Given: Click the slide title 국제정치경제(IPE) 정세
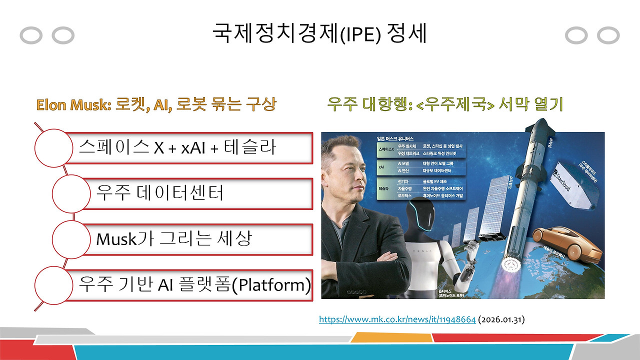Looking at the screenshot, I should pyautogui.click(x=319, y=34).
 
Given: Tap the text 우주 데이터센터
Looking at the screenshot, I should pyautogui.click(x=160, y=192).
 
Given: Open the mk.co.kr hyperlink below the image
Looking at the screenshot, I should pyautogui.click(x=397, y=319).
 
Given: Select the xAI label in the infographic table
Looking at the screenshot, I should pyautogui.click(x=384, y=166).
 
